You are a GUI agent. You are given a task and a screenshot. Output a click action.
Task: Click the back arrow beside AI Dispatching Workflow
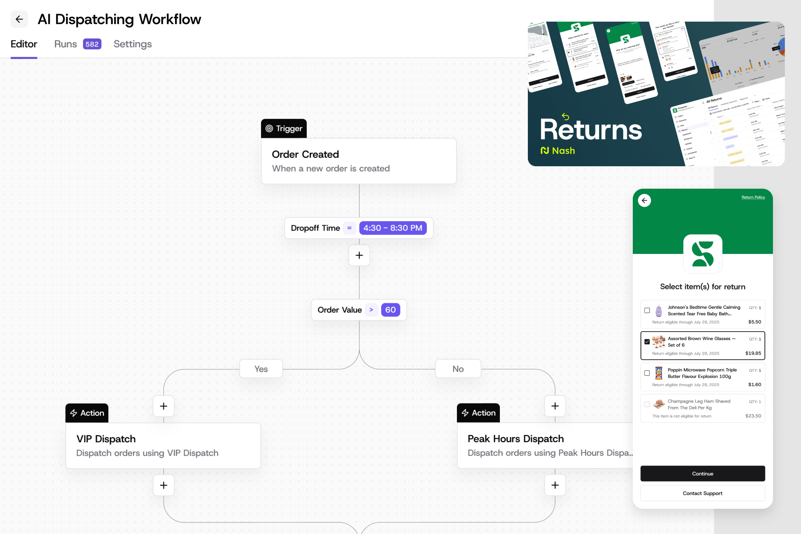[19, 19]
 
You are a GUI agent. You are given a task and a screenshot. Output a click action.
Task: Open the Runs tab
[66, 44]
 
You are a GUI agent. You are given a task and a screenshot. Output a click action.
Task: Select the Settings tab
[133, 44]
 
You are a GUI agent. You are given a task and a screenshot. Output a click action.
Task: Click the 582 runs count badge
[92, 44]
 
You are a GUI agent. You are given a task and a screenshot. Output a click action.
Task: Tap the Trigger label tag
[284, 129]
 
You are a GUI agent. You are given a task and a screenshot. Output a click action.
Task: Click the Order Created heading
[305, 154]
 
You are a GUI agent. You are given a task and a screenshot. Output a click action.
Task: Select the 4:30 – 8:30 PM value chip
[392, 228]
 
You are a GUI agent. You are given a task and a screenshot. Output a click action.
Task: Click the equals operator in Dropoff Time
[349, 228]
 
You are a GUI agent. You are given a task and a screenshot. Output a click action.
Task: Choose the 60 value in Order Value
[390, 310]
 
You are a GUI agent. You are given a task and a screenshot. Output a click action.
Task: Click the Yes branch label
[261, 369]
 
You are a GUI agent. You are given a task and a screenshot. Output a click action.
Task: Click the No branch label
[458, 369]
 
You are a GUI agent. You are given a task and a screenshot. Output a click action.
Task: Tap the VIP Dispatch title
[106, 439]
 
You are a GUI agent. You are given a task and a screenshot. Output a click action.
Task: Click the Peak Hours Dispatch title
[515, 439]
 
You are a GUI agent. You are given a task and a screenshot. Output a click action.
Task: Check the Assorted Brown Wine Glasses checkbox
[647, 342]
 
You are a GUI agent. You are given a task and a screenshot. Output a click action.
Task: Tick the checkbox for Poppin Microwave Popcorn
[647, 373]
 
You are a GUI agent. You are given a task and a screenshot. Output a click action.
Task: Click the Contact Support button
[702, 493]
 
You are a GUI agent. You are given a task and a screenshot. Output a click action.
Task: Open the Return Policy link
[753, 197]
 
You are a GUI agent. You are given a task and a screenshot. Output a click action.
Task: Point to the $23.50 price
[753, 416]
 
